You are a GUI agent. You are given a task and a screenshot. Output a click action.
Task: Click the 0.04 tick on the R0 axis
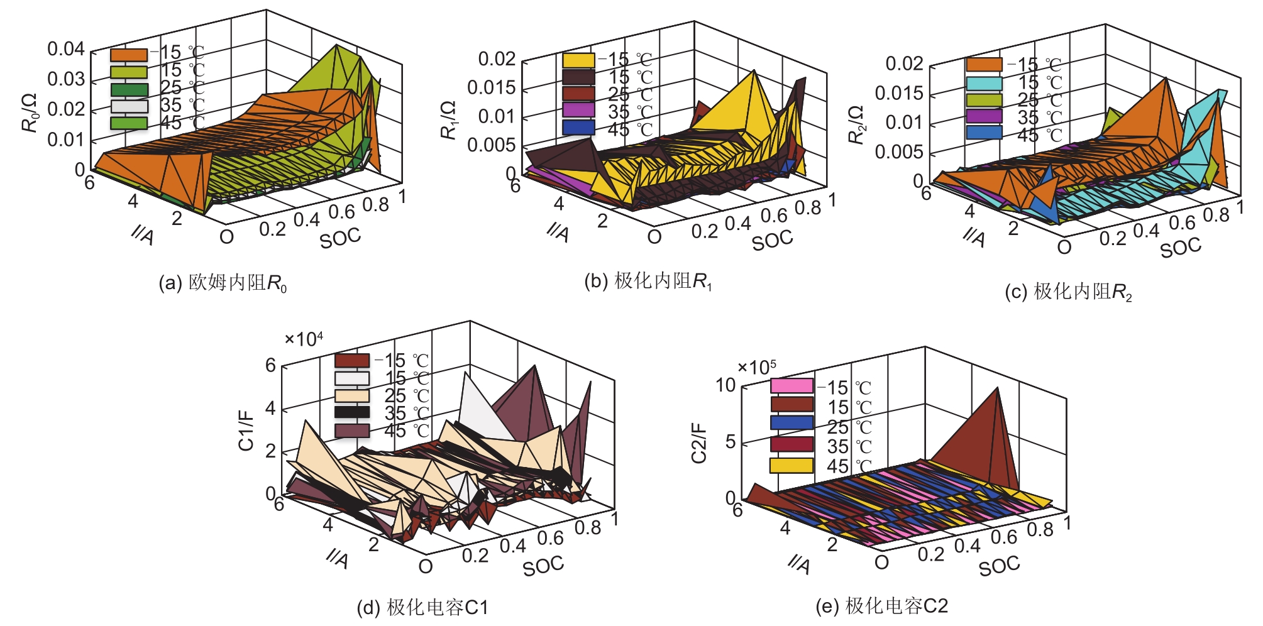[66, 49]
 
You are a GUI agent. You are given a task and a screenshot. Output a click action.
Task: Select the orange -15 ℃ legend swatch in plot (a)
[129, 55]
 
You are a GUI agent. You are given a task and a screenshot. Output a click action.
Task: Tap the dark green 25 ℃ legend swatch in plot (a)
[129, 90]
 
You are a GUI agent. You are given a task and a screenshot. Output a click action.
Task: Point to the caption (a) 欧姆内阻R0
[223, 283]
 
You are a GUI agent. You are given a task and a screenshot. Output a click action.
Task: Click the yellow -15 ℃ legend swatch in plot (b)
[578, 60]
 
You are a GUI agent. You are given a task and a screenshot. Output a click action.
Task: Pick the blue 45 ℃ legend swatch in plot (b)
[578, 128]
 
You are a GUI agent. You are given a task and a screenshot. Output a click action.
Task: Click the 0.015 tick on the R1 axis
[492, 87]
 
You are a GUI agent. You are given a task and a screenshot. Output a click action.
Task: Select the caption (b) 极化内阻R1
[649, 281]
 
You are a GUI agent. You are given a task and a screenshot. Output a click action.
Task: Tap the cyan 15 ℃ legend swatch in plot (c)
[984, 83]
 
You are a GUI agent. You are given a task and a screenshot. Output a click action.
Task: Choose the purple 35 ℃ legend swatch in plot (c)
[984, 116]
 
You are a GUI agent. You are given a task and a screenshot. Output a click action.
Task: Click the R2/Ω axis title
[857, 125]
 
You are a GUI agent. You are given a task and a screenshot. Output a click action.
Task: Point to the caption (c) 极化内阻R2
[1069, 292]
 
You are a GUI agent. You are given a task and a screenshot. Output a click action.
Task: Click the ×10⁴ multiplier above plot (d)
[304, 339]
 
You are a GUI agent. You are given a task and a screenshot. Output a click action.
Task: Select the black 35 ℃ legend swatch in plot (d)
[352, 412]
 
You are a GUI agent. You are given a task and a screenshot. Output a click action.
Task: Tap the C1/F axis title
[246, 431]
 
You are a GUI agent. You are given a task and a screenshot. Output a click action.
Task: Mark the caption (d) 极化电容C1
[422, 607]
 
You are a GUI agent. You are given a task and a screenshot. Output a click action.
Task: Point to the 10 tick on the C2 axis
[726, 385]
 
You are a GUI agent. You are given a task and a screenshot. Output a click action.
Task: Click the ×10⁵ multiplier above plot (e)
[757, 367]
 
